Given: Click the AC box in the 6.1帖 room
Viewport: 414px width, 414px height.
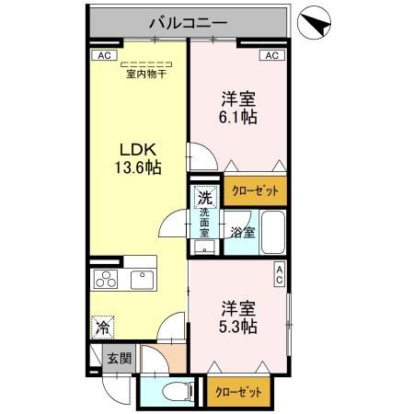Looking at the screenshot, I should coord(271,56).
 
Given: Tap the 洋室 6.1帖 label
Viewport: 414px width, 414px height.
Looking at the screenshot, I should coord(237,108).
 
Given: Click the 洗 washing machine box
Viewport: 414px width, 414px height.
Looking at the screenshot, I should coord(207,197).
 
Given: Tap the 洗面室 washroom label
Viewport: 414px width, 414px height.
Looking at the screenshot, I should coord(204,224).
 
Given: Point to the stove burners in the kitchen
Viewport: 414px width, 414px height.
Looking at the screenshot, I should coord(106,280).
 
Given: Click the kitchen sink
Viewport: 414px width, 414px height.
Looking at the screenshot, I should coord(144,280).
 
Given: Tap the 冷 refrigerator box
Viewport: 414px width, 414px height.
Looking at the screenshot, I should coord(104,326).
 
